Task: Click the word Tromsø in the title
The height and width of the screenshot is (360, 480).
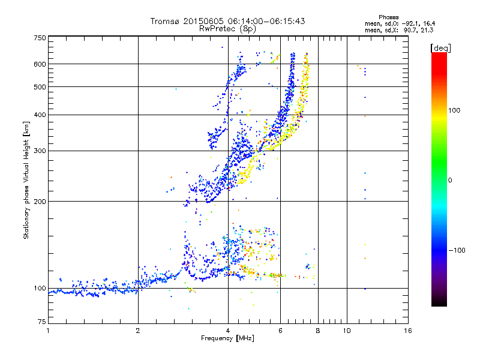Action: point(165,21)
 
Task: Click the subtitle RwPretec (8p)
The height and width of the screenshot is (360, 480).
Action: point(227,28)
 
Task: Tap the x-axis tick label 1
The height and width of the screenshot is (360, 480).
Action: point(48,331)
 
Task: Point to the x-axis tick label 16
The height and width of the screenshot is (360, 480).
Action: point(407,331)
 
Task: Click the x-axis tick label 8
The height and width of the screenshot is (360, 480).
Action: point(318,331)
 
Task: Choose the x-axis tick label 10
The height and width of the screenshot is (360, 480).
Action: point(346,331)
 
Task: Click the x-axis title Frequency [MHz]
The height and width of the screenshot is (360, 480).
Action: point(227,338)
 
